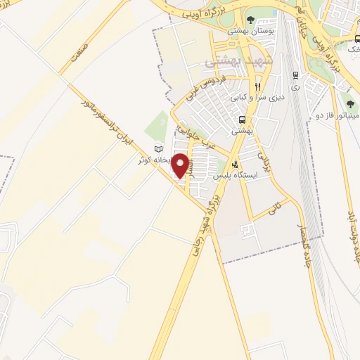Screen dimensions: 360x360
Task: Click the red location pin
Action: point(181,165)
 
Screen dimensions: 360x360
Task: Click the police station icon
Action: point(245,165)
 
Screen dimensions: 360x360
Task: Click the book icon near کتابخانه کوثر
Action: point(158,149)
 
